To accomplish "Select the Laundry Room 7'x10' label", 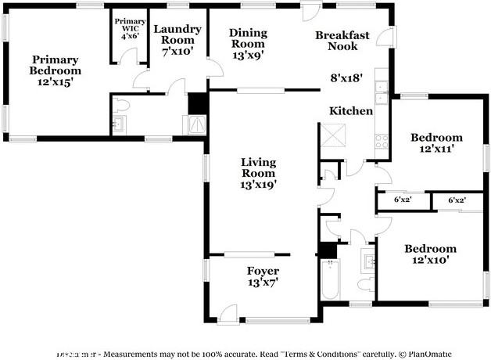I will pyautogui.click(x=177, y=40).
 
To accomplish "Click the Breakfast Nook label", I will pyautogui.click(x=337, y=41).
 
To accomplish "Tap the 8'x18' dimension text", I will pyautogui.click(x=347, y=78).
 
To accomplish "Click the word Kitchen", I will pyautogui.click(x=350, y=111).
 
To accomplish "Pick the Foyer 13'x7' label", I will pyautogui.click(x=263, y=276).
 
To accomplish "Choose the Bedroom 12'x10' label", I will pyautogui.click(x=430, y=254).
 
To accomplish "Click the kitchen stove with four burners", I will pyautogui.click(x=382, y=141).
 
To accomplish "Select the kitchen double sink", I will pyautogui.click(x=381, y=92).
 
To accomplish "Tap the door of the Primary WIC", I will pyautogui.click(x=131, y=57).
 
